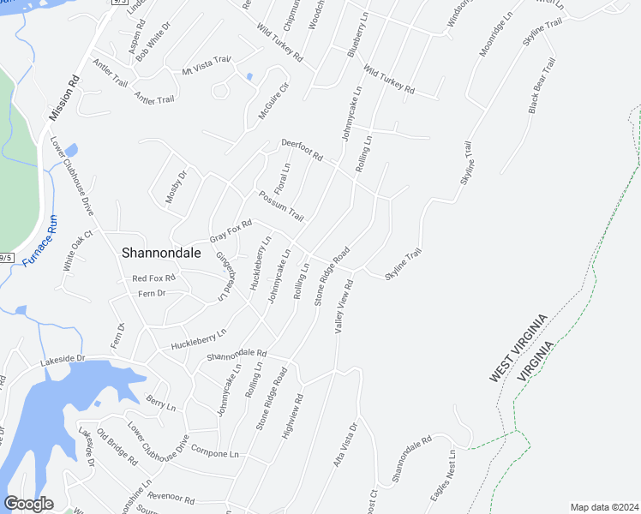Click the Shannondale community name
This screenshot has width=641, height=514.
[161, 253]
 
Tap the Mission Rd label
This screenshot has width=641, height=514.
[64, 97]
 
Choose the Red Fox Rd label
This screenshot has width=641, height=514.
[153, 278]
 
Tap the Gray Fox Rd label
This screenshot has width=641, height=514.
[231, 231]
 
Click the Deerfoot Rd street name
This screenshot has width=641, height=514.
[301, 151]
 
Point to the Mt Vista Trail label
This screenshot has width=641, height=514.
[207, 66]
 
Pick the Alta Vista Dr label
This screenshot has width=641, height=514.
[345, 445]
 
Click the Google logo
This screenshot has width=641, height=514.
[28, 503]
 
